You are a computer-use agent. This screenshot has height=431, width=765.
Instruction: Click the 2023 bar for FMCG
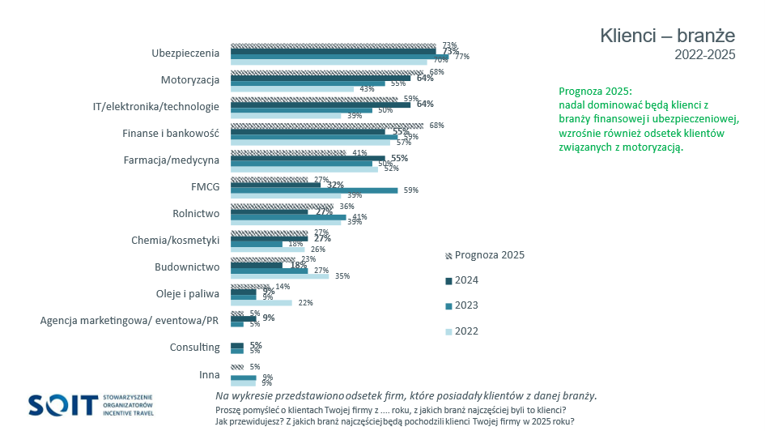click(x=314, y=190)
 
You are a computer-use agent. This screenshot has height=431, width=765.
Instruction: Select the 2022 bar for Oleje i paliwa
click(x=261, y=303)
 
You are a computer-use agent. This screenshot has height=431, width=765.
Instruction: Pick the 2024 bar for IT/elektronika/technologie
click(x=321, y=105)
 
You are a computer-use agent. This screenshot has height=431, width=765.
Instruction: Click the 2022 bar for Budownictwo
click(x=280, y=276)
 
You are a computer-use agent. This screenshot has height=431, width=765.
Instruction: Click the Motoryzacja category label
click(x=190, y=80)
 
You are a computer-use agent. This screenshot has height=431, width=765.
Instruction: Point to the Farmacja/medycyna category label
click(x=171, y=160)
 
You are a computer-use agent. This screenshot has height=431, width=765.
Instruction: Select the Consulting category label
click(x=194, y=348)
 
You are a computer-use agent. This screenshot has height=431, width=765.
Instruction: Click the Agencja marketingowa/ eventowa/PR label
click(x=130, y=321)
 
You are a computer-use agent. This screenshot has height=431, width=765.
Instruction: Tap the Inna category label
click(x=210, y=374)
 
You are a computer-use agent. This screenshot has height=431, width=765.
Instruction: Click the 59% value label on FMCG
click(x=410, y=190)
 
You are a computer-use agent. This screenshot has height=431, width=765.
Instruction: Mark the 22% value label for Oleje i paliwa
click(x=305, y=303)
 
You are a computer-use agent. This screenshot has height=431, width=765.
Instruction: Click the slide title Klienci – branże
click(x=667, y=36)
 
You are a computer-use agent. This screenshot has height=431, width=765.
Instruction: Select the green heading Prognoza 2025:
click(x=595, y=91)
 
